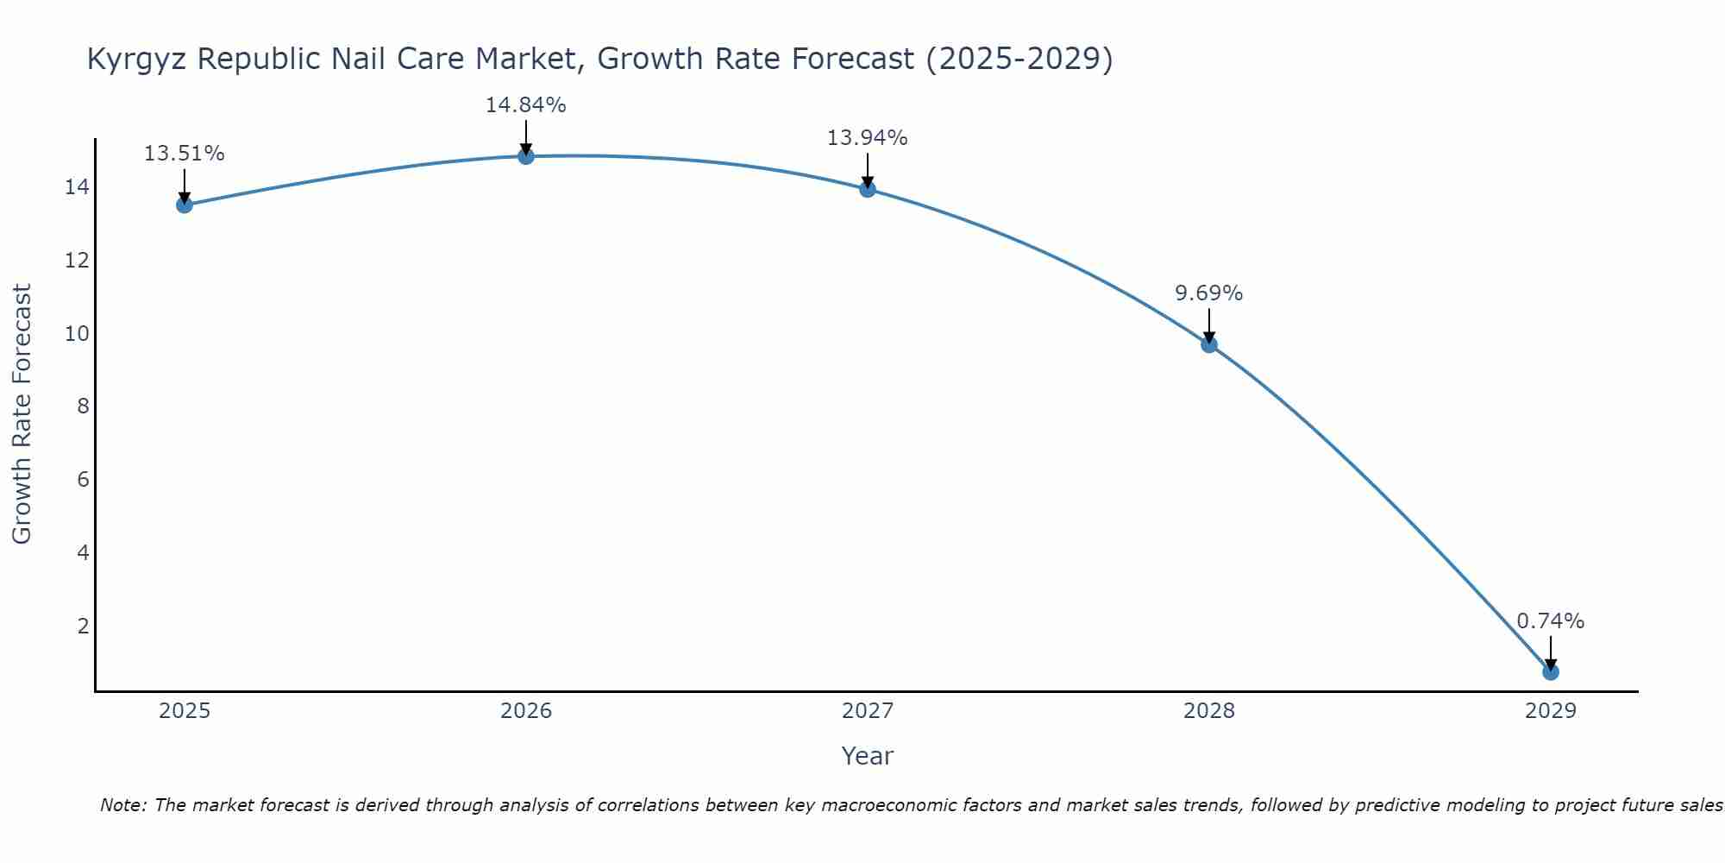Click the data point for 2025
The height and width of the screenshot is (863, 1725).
click(x=185, y=205)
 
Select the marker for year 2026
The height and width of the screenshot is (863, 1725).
click(x=526, y=156)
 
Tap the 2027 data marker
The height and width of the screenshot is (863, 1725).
click(x=868, y=189)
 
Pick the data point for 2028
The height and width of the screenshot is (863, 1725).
click(x=1209, y=344)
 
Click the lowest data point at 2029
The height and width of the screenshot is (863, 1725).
click(x=1550, y=671)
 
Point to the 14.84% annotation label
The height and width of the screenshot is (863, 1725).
click(x=525, y=105)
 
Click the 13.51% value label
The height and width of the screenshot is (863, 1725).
click(x=184, y=154)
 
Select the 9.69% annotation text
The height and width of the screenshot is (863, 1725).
click(x=1208, y=293)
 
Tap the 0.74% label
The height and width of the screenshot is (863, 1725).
click(x=1550, y=621)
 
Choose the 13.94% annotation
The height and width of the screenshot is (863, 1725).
click(x=867, y=138)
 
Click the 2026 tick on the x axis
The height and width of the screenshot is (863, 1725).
click(x=526, y=711)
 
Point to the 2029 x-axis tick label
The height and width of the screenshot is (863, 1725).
click(x=1550, y=711)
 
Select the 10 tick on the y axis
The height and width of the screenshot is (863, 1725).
click(x=78, y=333)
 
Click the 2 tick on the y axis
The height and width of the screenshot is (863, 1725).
click(x=84, y=626)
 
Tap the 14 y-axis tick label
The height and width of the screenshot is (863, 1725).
click(x=78, y=186)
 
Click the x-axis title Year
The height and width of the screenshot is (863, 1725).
click(x=867, y=756)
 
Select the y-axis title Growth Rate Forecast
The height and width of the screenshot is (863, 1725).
click(x=22, y=414)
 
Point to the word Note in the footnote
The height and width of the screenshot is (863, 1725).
click(x=122, y=805)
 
